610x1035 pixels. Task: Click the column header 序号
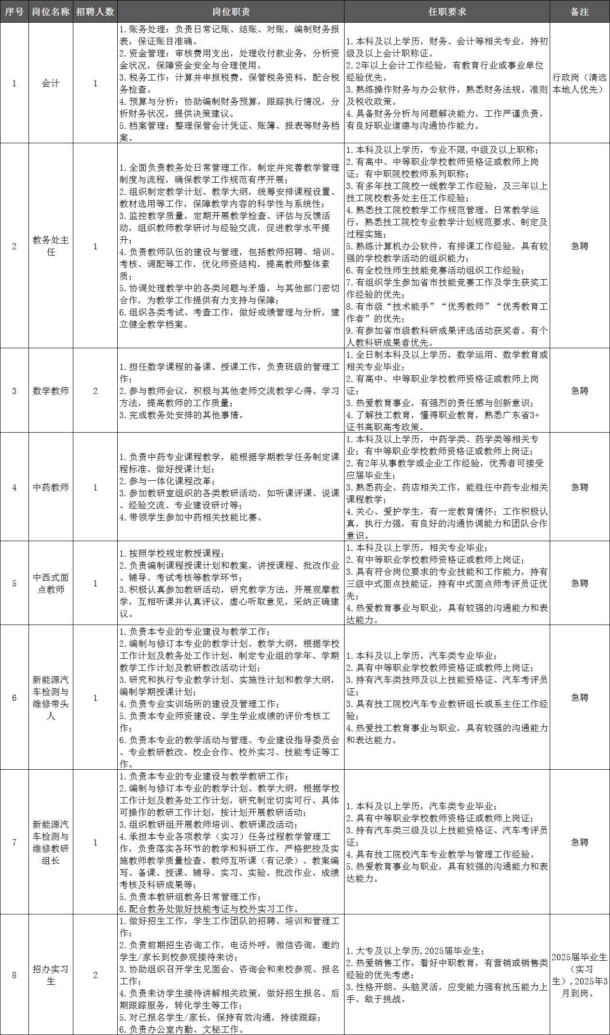14,12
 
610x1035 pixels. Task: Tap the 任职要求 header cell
447,12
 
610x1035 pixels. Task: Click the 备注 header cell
579,12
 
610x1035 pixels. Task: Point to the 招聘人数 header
95,12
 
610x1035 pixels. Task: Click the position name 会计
51,83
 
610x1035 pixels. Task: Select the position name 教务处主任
51,246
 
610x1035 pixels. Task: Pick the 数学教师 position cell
51,391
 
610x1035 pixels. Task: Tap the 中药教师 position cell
51,487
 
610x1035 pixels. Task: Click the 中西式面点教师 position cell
51,583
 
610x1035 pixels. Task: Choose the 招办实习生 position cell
51,975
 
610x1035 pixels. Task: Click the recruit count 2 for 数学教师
95,391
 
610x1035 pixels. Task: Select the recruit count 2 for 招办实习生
95,975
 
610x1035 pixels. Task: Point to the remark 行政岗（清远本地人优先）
579,83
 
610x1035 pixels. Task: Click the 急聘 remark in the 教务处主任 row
579,246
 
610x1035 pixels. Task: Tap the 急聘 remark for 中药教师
579,487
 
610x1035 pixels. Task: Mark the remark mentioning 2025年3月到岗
579,975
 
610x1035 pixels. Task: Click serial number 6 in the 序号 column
14,697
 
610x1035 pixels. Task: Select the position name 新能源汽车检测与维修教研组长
51,842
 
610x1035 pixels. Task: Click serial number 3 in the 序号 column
14,391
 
